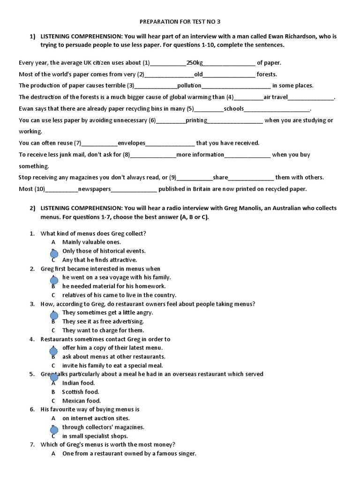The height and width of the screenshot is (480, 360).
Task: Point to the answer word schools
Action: point(234,109)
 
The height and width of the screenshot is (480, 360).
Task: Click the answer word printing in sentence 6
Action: point(195,120)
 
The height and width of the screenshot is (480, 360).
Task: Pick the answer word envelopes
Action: point(132,143)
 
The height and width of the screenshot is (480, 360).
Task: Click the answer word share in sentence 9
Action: point(220,177)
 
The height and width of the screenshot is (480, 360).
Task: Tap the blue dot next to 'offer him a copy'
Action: point(54,350)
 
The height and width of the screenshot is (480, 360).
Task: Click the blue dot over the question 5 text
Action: point(54,377)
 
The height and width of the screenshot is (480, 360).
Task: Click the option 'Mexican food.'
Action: point(81,401)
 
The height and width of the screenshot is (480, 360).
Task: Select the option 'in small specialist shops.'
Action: point(95,436)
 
